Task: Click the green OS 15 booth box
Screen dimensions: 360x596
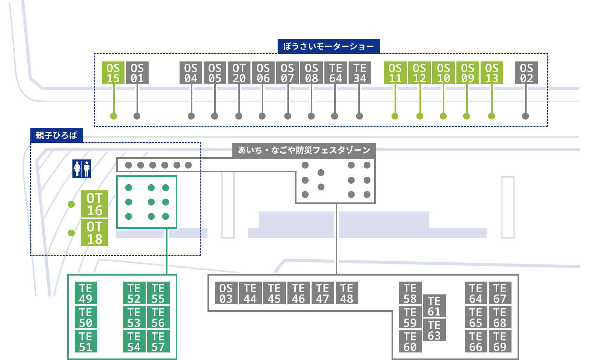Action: [113, 73]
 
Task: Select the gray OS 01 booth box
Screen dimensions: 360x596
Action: [137, 73]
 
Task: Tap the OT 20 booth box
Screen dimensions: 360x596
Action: [239, 73]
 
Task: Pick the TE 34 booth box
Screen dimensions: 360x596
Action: [359, 73]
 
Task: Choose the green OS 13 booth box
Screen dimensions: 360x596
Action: [492, 73]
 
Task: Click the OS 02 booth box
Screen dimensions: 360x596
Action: [526, 73]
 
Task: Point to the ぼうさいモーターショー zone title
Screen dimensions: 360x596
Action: [329, 46]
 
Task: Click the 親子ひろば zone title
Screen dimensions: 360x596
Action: [57, 135]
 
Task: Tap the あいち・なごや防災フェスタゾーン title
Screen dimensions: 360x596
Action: [304, 150]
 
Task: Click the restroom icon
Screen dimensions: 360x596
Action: [82, 169]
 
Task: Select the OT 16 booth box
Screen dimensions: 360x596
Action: [94, 204]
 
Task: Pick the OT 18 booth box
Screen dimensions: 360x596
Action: [94, 233]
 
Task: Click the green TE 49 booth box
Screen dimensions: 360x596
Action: [86, 293]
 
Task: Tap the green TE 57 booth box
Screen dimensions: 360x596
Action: [158, 341]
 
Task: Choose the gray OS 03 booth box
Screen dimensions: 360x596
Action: [226, 293]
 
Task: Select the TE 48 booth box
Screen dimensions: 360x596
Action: [347, 293]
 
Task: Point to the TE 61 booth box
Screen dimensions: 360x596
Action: [434, 306]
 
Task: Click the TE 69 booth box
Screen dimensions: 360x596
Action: [500, 341]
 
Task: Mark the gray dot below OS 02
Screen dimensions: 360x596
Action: [525, 116]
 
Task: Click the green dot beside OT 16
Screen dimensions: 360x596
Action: [71, 204]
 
